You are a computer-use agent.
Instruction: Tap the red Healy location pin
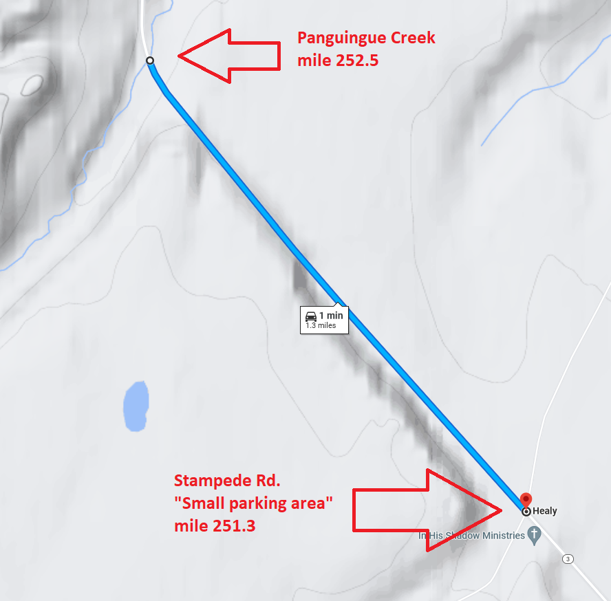(x=526, y=500)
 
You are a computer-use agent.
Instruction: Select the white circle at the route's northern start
(x=150, y=61)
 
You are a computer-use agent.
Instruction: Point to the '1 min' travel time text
(x=330, y=316)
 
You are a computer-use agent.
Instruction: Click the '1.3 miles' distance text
(x=321, y=325)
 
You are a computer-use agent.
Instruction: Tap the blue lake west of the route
(x=136, y=406)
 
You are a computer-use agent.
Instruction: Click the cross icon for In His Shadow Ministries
(x=533, y=536)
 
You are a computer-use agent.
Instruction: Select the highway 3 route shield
(x=568, y=558)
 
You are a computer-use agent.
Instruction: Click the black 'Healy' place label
(x=545, y=511)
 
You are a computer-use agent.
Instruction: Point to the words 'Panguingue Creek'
(x=366, y=38)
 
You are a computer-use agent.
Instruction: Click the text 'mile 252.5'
(x=338, y=61)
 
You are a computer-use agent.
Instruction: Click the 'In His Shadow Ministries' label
(x=472, y=536)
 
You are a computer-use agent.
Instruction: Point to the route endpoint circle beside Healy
(x=526, y=512)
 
